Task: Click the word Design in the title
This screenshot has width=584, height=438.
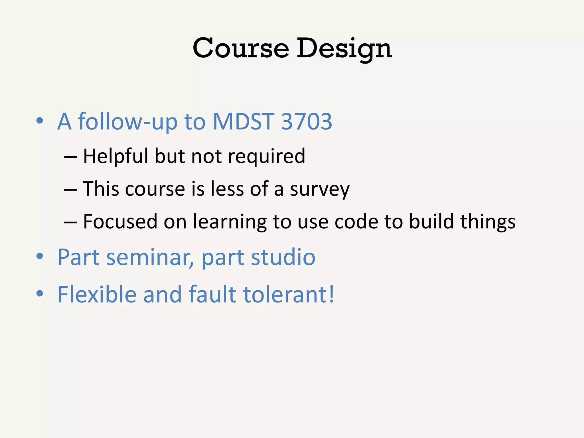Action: [344, 48]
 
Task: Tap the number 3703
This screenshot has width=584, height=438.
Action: [307, 121]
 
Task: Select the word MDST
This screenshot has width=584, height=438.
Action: [244, 121]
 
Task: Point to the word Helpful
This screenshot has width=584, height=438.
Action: [115, 156]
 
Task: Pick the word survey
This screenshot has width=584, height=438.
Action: [320, 189]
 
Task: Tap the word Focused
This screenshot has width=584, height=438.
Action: [120, 222]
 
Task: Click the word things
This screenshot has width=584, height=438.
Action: [488, 222]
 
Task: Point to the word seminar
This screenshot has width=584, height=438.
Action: [150, 257]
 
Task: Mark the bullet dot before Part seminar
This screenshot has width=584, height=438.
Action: [40, 256]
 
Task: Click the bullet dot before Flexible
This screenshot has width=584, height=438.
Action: [40, 293]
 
